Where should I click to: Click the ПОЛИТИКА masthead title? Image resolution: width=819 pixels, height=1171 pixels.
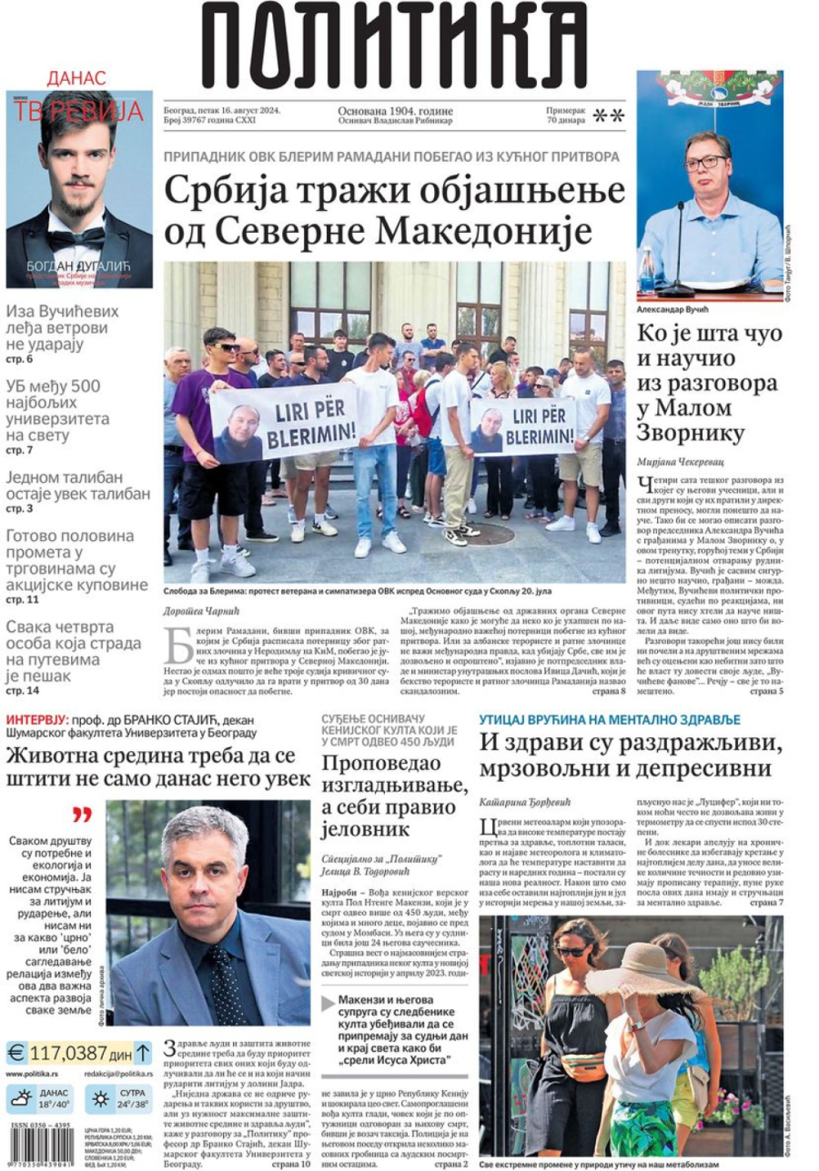[393, 45]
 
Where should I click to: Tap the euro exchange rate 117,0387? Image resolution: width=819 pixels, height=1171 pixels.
[69, 1054]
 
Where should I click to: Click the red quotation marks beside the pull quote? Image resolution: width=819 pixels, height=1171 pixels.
[82, 815]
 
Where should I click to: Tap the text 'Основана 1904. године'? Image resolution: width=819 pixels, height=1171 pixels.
[395, 109]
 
